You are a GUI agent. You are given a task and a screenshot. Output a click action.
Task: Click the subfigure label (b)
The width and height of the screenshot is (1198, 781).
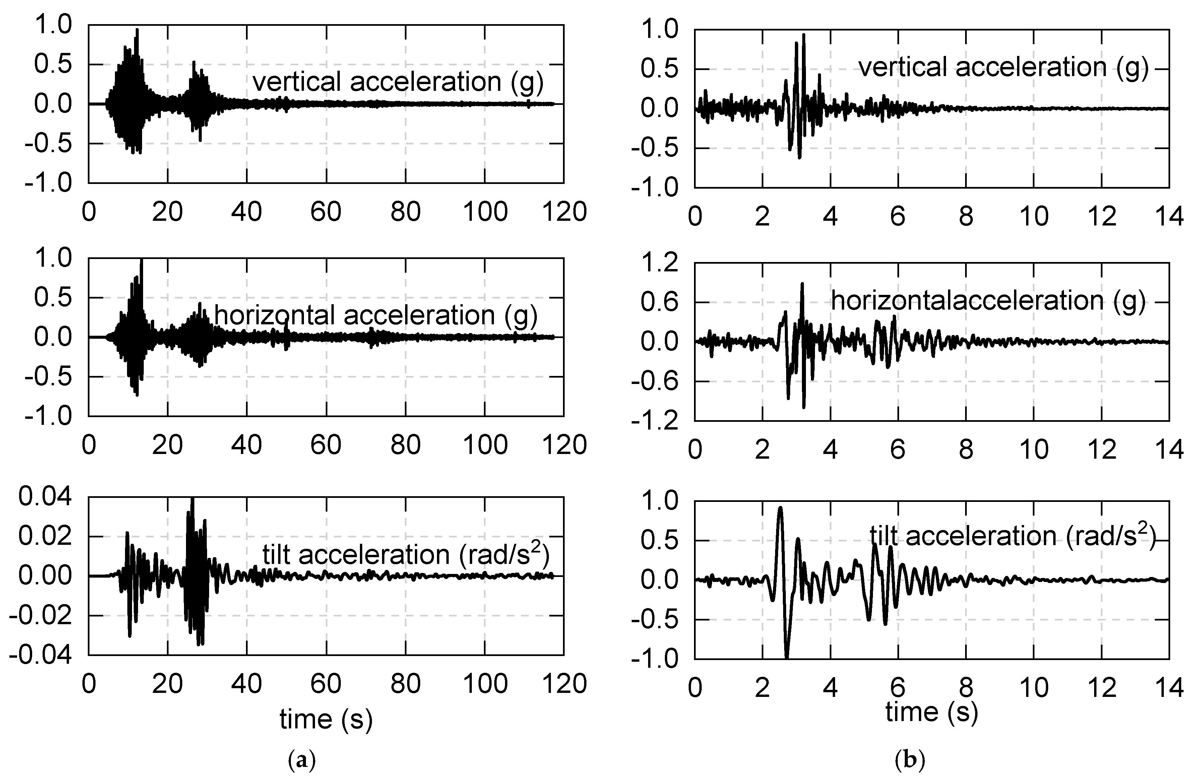click(910, 760)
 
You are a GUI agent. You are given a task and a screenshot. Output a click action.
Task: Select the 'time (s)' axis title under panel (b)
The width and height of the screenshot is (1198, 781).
click(932, 712)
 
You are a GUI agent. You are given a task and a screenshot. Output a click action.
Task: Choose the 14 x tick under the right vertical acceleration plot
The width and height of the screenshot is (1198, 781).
click(1168, 217)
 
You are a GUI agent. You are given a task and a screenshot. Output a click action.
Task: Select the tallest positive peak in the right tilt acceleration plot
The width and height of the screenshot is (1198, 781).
click(780, 508)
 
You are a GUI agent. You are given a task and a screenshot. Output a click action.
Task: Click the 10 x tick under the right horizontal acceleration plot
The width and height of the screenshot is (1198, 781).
click(1034, 449)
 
